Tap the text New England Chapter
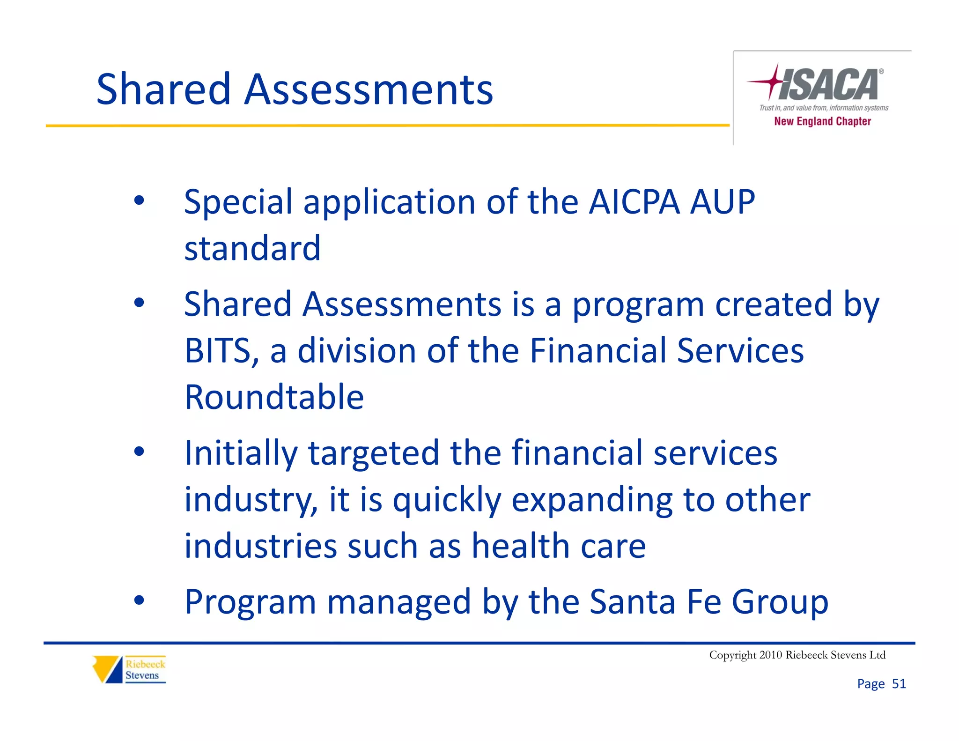[x=822, y=121]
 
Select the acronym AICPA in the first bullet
[x=634, y=202]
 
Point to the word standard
[x=252, y=248]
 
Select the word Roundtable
[x=274, y=397]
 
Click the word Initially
[x=241, y=453]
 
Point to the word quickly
[x=447, y=500]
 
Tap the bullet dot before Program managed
[x=139, y=600]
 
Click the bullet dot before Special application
[x=139, y=200]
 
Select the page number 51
[x=899, y=684]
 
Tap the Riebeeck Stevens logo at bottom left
[x=129, y=669]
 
